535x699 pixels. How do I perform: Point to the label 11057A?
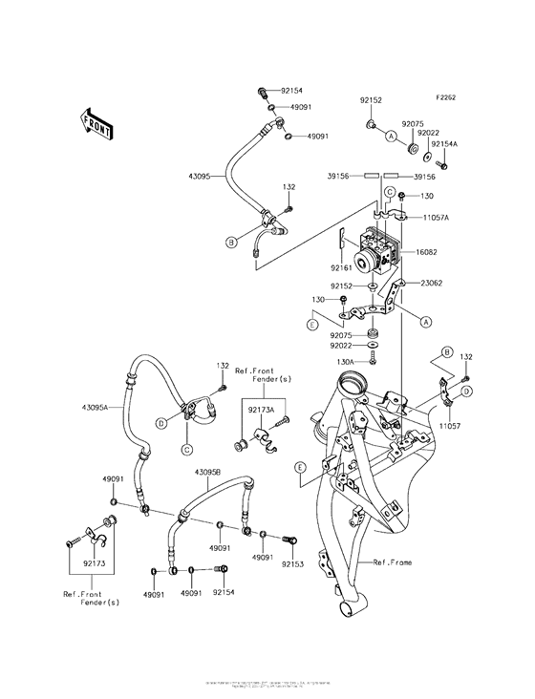tap(434, 219)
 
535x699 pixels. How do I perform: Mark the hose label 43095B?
tap(208, 473)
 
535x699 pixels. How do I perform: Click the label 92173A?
tap(262, 409)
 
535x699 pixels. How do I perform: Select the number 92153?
tap(292, 565)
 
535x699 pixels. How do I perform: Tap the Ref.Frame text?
tap(393, 562)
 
